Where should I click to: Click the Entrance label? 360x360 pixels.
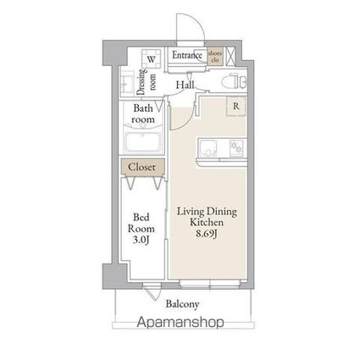pyautogui.click(x=186, y=57)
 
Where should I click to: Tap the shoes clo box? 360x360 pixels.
pyautogui.click(x=216, y=58)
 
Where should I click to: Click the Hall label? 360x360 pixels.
pyautogui.click(x=186, y=86)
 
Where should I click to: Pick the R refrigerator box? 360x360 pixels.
pyautogui.click(x=235, y=107)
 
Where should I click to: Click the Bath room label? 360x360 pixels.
pyautogui.click(x=142, y=114)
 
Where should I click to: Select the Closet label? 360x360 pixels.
pyautogui.click(x=141, y=168)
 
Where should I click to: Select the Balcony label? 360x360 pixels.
pyautogui.click(x=181, y=302)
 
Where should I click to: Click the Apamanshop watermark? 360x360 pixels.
pyautogui.click(x=180, y=323)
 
